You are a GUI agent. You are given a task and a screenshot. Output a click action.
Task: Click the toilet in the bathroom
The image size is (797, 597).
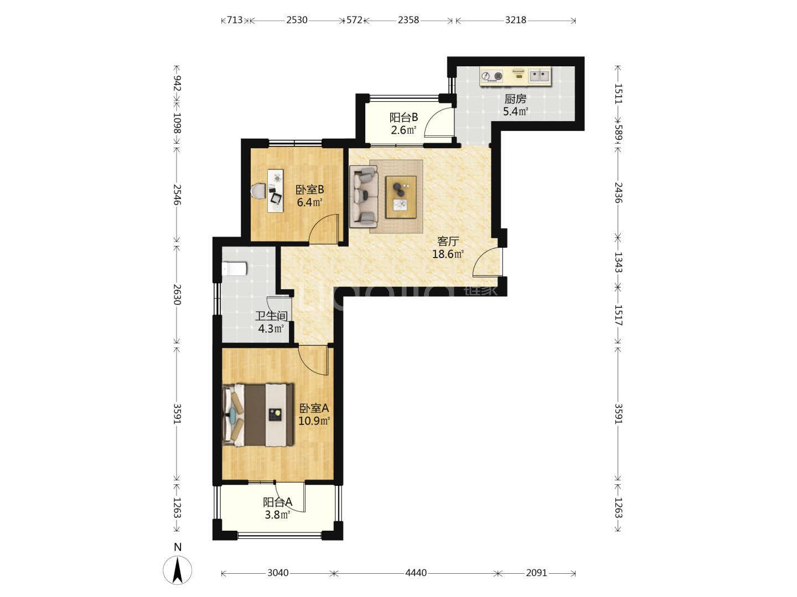point(235,269)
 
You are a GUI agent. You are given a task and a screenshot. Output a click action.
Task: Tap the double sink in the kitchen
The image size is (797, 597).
point(539,76)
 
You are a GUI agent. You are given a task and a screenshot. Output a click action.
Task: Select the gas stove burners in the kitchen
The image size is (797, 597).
point(492,76)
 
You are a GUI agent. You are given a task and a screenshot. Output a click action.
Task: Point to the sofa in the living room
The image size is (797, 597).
point(364,196)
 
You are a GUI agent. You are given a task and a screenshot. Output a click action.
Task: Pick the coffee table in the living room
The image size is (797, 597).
point(401,197)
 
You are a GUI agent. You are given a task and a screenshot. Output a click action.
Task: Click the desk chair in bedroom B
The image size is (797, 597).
point(258,191)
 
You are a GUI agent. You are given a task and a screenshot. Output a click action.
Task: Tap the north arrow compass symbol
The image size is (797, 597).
point(178,570)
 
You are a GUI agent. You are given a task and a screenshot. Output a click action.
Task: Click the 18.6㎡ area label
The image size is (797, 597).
point(448,254)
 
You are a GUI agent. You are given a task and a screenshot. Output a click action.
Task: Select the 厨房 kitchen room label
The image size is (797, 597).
point(515,98)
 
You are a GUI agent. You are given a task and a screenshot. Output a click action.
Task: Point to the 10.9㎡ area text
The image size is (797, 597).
point(314,421)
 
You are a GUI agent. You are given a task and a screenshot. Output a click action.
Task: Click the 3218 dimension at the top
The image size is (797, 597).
point(516,20)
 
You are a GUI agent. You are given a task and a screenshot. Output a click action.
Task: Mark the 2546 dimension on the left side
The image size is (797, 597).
point(177,195)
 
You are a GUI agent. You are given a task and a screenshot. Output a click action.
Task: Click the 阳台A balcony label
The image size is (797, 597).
point(278,502)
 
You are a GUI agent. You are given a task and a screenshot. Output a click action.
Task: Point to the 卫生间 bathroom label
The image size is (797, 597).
point(271,316)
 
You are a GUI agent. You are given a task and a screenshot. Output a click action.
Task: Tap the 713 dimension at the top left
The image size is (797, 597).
point(235,20)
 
